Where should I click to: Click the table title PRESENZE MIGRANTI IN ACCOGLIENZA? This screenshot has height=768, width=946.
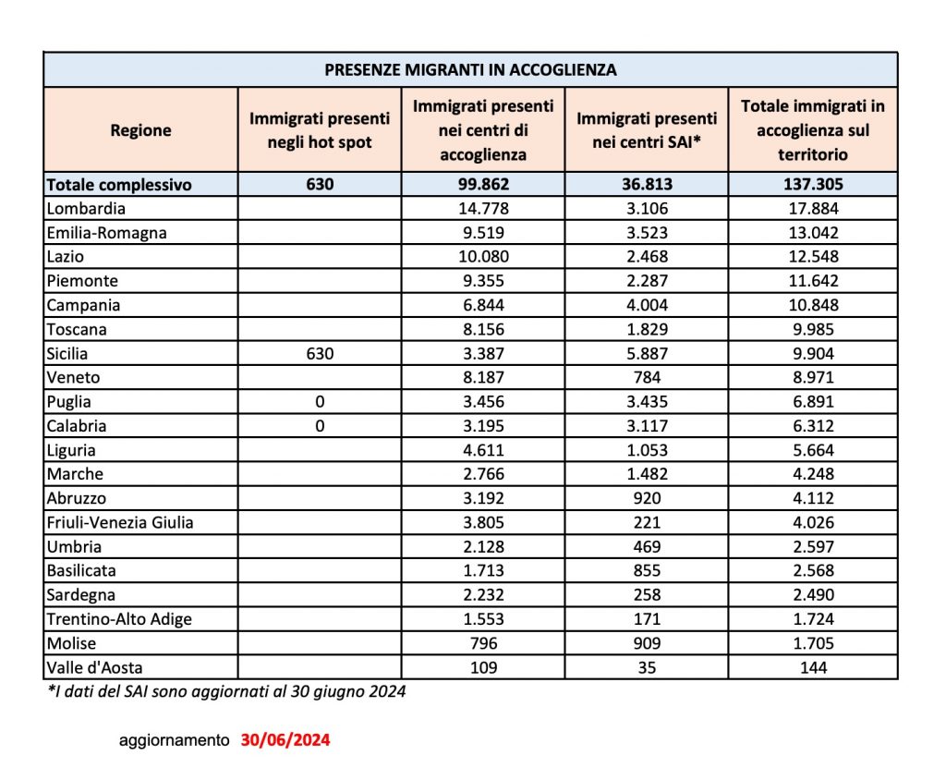(x=470, y=69)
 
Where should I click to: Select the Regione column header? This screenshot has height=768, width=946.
(x=140, y=130)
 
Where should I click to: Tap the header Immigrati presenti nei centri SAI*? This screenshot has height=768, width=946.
(x=647, y=130)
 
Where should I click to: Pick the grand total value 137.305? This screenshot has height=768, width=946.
(x=813, y=184)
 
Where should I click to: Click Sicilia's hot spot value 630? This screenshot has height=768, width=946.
(x=320, y=353)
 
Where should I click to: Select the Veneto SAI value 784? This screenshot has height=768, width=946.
(x=647, y=377)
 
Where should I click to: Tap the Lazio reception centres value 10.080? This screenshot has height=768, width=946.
(x=483, y=256)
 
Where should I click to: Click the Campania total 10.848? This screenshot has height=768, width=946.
(x=813, y=305)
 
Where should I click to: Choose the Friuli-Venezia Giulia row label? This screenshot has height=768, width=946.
(x=120, y=522)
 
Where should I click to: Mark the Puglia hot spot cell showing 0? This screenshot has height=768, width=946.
(x=320, y=402)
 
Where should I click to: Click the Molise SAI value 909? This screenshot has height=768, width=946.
(x=647, y=643)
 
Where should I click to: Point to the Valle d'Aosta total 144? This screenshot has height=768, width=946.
(x=813, y=667)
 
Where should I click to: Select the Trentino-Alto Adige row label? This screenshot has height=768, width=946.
(x=119, y=619)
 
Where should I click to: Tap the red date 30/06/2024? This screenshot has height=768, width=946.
(x=285, y=740)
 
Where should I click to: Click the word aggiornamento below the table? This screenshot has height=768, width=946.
(x=174, y=740)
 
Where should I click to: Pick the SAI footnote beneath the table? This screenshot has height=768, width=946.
(x=225, y=691)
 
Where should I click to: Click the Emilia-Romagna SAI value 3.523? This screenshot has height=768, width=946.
(x=647, y=232)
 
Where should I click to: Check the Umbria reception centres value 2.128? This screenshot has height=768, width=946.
(x=483, y=546)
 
